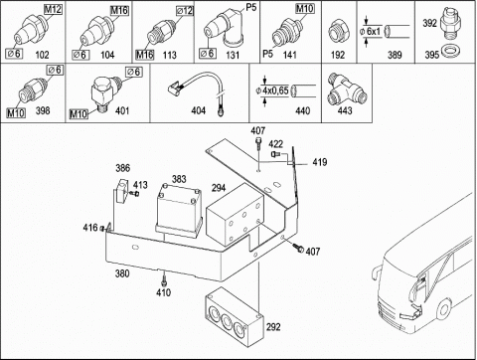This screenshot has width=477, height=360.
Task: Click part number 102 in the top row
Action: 42,55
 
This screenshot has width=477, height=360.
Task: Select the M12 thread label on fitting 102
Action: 53,9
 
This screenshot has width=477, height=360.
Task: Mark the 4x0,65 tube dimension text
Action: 275,90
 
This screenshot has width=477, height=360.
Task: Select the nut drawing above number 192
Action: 337,32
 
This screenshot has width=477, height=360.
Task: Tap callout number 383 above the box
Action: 179,179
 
